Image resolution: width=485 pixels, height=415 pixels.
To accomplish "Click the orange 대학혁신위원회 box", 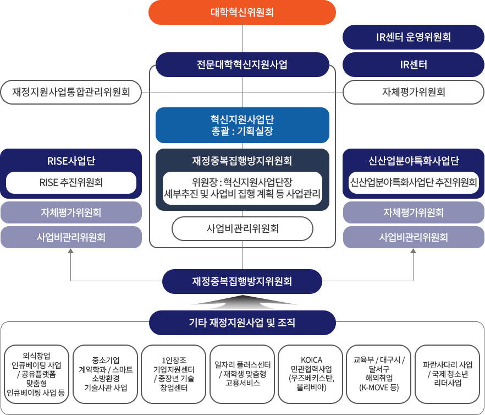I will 242,12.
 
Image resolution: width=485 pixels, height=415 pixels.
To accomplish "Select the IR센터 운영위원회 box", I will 414,37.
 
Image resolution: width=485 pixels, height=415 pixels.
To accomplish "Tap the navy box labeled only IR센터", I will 414,64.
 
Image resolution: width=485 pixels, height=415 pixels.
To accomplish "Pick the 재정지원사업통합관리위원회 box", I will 71,92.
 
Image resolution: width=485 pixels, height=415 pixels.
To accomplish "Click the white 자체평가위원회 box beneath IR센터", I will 414,92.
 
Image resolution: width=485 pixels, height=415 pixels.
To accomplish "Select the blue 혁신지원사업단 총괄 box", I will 242,125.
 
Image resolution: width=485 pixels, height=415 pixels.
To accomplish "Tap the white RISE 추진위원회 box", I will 71,182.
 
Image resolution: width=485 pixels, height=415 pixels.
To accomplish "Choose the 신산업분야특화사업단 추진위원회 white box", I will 414,182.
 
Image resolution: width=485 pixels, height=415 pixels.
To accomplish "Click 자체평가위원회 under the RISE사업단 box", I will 71,212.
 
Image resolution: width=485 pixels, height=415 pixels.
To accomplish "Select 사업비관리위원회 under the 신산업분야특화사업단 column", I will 414,237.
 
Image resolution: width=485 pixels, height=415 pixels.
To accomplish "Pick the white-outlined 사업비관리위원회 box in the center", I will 242,228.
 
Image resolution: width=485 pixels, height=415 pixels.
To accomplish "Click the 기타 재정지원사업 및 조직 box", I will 242,323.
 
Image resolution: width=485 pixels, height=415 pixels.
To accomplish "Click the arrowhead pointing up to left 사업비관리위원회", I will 71,252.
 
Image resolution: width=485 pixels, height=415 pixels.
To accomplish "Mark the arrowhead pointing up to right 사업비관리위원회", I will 414,252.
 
